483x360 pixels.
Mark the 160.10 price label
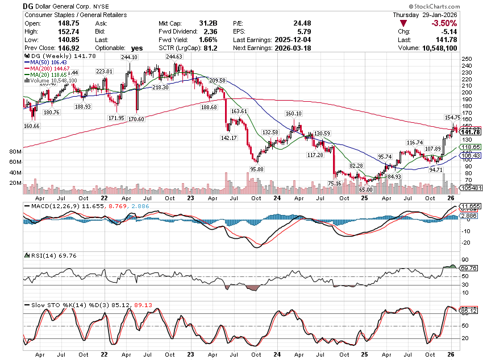pyautogui.click(x=294, y=113)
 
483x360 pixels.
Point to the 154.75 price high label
pyautogui.click(x=453, y=117)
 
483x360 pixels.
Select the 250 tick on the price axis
pyautogui.click(x=467, y=59)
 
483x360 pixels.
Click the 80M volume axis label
pyautogui.click(x=15, y=152)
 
